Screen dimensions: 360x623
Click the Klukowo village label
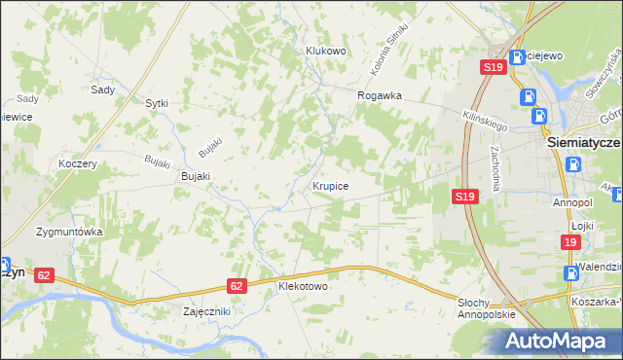326,51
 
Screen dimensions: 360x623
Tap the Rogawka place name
380,95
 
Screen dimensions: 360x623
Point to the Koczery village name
78,164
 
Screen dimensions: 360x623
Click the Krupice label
331,184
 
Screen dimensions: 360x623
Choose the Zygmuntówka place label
69,233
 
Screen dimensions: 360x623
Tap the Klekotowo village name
303,287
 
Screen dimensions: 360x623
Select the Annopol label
572,203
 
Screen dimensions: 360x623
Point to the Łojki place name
583,225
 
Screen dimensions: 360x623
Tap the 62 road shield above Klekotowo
238,286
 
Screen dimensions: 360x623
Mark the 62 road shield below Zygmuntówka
43,275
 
